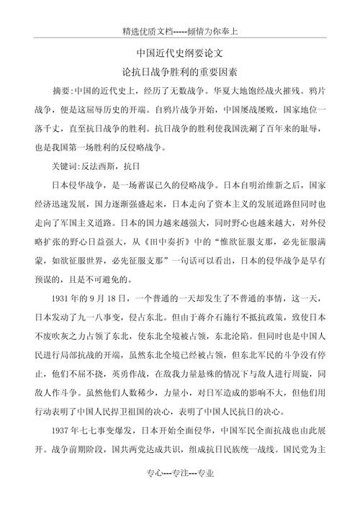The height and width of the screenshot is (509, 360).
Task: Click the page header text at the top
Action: [181, 32]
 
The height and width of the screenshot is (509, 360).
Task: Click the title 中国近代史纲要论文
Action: [181, 53]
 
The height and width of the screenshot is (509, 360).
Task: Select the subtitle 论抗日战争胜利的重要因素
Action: [181, 73]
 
